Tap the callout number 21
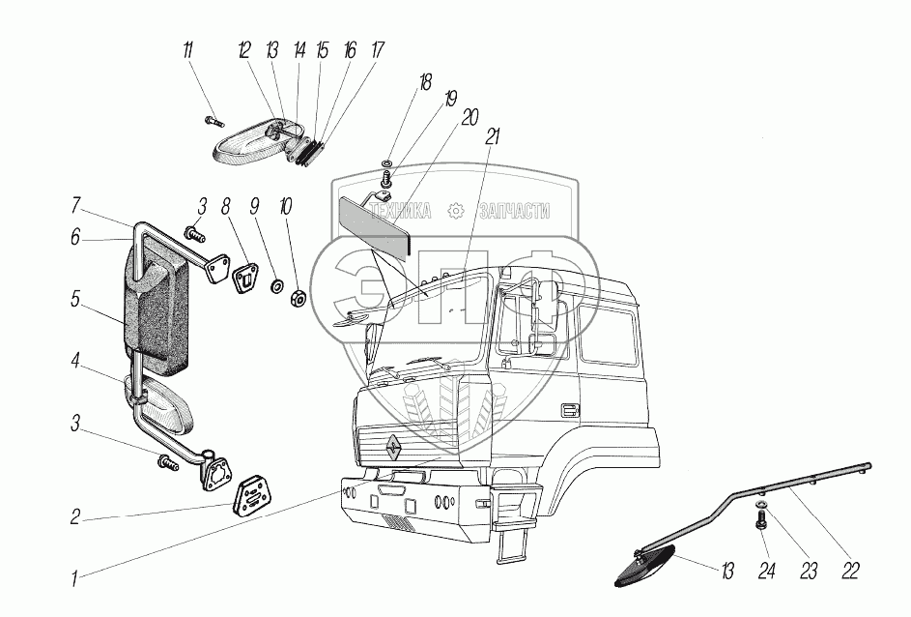point(492,138)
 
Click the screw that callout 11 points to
point(214,120)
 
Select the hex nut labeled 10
point(298,297)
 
